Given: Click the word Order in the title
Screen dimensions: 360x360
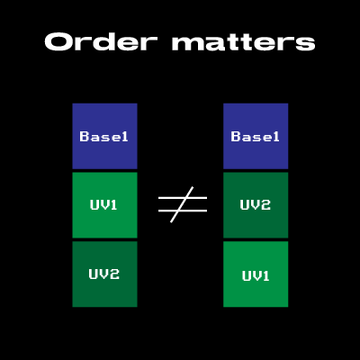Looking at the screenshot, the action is (x=101, y=41).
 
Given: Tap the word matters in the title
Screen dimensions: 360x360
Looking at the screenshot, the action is (x=243, y=42).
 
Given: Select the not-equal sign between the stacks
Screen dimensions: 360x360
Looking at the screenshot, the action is (x=183, y=204).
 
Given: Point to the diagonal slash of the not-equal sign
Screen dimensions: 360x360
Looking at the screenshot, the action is (x=182, y=204).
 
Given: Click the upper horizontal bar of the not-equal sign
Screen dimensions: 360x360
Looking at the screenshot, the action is (x=183, y=198).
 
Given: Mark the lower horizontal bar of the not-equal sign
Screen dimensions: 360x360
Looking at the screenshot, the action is (x=183, y=211).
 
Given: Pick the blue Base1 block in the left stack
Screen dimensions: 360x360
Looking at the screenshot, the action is (x=104, y=136).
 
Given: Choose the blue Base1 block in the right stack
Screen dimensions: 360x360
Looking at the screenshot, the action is (x=256, y=136).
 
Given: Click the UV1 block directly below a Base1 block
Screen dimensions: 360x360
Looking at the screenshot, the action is (x=104, y=205).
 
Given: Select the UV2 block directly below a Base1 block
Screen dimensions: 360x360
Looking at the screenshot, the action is (x=256, y=205).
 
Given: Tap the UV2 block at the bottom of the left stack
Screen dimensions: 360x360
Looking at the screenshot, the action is (x=104, y=274).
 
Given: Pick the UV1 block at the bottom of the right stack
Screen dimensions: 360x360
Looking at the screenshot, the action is (x=256, y=274).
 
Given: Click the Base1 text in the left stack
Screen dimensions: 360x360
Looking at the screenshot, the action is (x=103, y=137).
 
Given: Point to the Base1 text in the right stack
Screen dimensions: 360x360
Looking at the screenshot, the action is (x=255, y=137).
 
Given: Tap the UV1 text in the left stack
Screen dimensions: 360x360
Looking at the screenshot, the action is (x=103, y=204).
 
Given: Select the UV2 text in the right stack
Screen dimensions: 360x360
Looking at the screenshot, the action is (x=256, y=204).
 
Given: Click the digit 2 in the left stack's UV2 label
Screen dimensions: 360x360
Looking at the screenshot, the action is (x=114, y=274).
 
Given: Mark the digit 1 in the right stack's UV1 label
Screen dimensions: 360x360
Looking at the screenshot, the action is (x=265, y=275).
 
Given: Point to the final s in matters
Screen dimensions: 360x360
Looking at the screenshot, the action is (x=305, y=44).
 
